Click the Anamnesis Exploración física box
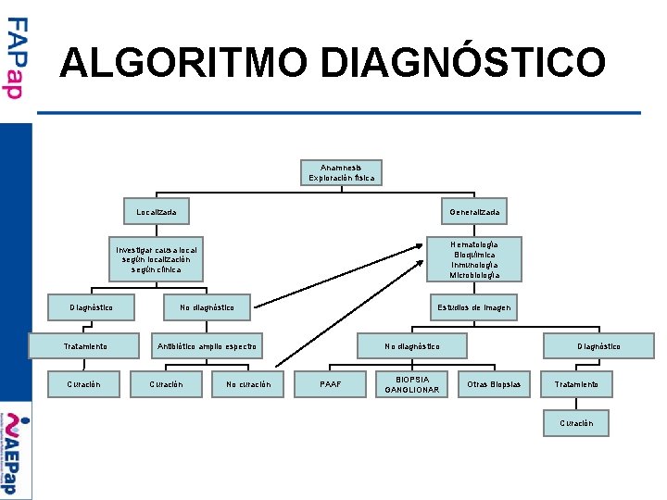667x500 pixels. (342, 172)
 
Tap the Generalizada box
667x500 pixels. (473, 213)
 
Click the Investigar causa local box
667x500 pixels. (156, 259)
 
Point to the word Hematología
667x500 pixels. (473, 244)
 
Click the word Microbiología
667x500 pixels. (473, 275)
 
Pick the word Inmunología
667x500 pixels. (473, 265)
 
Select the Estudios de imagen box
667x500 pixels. (473, 307)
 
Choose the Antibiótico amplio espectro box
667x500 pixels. (208, 347)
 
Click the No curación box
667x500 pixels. (248, 384)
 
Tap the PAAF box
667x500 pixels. (330, 384)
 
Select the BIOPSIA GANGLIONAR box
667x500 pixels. (412, 384)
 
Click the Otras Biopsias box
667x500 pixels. (494, 384)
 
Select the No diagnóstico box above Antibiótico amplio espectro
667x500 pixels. (207, 307)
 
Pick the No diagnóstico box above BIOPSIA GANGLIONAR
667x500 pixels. (412, 347)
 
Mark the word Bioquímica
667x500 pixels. (473, 255)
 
